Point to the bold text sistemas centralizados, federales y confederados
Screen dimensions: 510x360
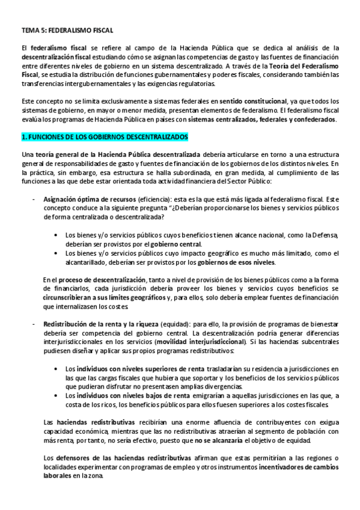[270, 120]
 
